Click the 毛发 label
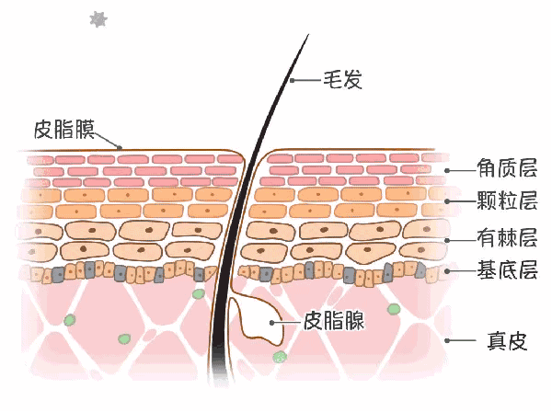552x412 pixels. tap(341, 80)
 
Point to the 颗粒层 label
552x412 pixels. tap(505, 201)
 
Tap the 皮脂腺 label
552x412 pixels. tap(333, 321)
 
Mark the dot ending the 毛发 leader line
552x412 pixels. tap(293, 81)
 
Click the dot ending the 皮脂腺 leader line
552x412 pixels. tap(273, 322)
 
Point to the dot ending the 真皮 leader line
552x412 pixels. tap(448, 340)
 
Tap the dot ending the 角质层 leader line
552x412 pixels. tap(448, 170)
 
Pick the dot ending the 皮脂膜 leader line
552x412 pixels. tap(120, 146)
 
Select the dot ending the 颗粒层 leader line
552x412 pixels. tap(448, 201)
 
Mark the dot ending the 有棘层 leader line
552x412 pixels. tap(448, 239)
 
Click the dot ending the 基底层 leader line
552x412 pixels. tap(448, 270)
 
